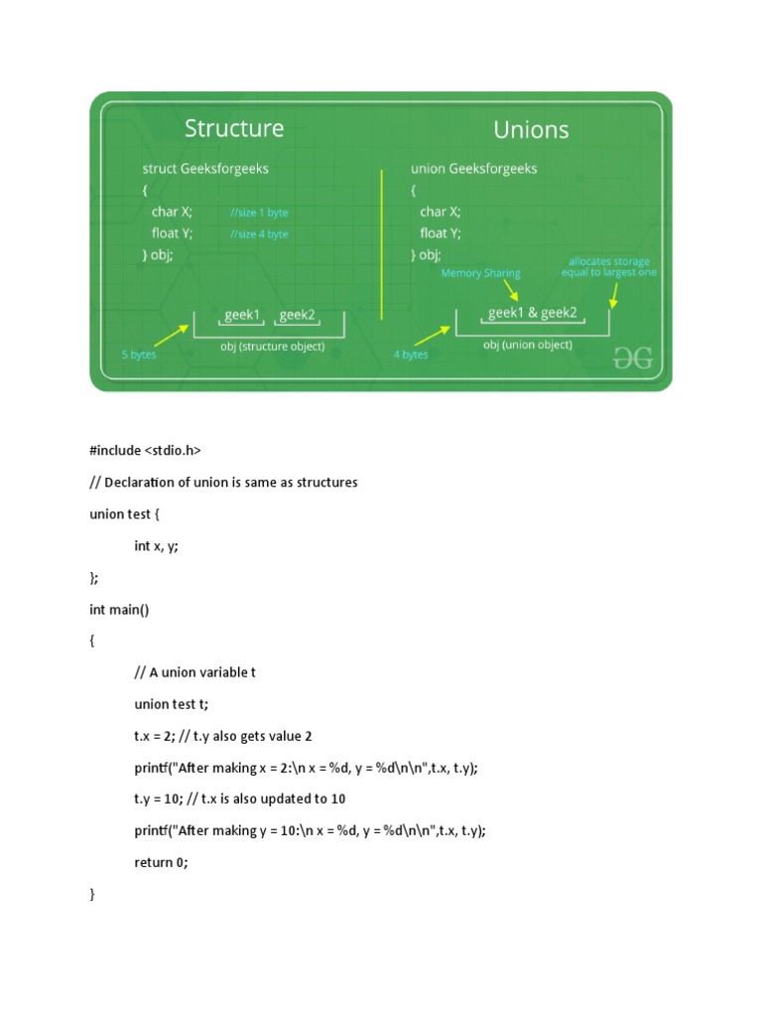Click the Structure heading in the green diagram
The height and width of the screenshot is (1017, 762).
[234, 128]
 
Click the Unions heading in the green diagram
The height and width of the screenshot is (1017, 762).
[531, 130]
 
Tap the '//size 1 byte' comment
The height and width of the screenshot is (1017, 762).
[259, 213]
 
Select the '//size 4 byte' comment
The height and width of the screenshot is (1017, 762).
[259, 234]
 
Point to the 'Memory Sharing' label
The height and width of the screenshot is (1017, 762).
[480, 273]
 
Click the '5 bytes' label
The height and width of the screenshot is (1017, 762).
[139, 355]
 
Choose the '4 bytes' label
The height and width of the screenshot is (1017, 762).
[411, 355]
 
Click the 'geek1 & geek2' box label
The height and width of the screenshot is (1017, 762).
[532, 314]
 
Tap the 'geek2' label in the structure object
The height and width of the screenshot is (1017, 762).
[297, 315]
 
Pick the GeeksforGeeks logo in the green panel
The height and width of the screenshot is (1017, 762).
[633, 359]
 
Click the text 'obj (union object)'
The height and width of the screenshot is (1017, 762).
[528, 345]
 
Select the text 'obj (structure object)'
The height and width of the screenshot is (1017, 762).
[268, 347]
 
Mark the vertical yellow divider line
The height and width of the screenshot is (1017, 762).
[382, 243]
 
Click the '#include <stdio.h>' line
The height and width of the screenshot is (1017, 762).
[145, 450]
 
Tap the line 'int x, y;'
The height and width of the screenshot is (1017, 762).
[157, 545]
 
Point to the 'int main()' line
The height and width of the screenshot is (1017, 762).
[119, 609]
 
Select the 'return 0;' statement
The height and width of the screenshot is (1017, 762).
[161, 862]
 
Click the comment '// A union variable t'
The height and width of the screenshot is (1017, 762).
[195, 672]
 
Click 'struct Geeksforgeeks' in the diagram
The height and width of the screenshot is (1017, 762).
[205, 169]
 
